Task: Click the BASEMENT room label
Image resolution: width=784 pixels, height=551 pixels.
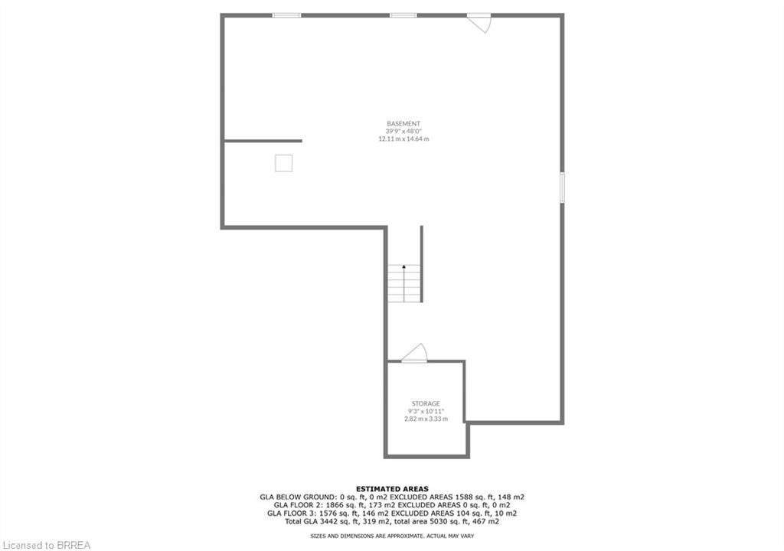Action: [x=403, y=123]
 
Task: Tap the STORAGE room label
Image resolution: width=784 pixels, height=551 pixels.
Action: [x=426, y=403]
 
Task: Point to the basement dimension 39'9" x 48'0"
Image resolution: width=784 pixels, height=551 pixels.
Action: [x=403, y=131]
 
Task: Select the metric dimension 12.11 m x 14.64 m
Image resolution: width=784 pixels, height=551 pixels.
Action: [x=403, y=139]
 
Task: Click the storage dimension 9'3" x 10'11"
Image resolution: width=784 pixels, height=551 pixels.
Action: [x=426, y=412]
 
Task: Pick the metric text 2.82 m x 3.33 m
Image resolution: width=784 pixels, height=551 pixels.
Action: [x=426, y=419]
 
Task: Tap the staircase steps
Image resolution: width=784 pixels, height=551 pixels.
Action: [x=404, y=283]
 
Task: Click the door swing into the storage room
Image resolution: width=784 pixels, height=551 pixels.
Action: [x=414, y=353]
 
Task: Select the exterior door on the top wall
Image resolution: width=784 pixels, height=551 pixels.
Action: [x=479, y=23]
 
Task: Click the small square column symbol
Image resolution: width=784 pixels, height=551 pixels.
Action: [x=283, y=164]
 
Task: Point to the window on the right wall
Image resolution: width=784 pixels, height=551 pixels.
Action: [x=562, y=187]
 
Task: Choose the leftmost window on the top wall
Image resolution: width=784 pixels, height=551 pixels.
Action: [x=287, y=15]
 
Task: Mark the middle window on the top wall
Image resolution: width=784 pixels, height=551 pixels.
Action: [x=403, y=15]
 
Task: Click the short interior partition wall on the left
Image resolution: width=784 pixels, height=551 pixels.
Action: [x=263, y=141]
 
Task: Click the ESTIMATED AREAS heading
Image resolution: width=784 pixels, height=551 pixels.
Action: [x=392, y=489]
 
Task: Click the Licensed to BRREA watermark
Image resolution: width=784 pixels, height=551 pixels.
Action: [x=47, y=545]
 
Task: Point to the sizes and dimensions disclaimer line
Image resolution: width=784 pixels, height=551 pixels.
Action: [x=392, y=536]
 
